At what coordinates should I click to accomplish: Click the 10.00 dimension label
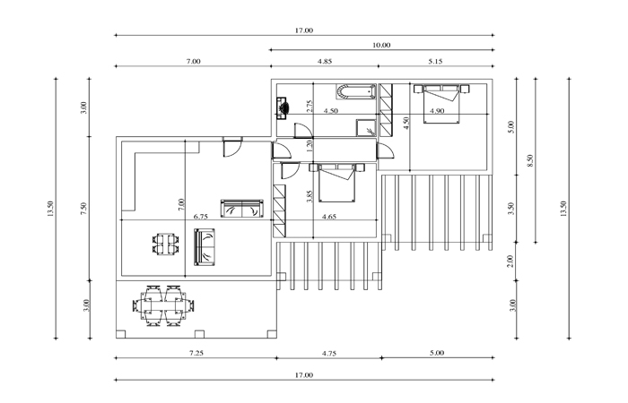click(381, 45)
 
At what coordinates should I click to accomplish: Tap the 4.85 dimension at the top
click(325, 62)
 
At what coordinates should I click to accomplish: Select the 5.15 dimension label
click(435, 62)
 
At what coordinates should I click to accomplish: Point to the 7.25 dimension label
click(196, 353)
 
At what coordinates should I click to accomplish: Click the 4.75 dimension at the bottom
click(329, 354)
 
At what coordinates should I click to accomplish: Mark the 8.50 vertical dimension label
click(531, 160)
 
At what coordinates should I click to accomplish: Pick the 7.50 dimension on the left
click(83, 209)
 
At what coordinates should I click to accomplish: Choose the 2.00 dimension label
click(510, 262)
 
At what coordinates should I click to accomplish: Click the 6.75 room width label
click(201, 217)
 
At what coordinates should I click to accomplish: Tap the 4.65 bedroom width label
click(329, 217)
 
